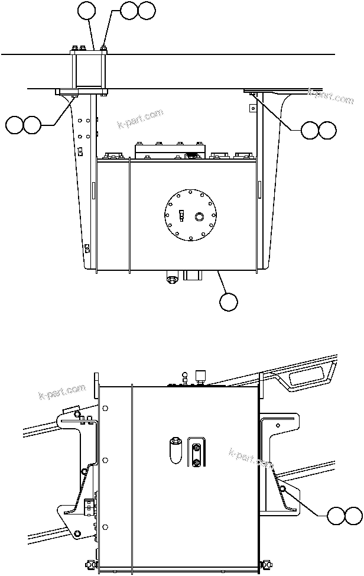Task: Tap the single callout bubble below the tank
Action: (x=229, y=302)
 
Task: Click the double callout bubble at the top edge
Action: (x=138, y=9)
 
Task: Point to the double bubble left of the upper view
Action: (x=23, y=125)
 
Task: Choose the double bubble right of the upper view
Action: (x=318, y=130)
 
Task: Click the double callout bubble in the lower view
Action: (x=345, y=515)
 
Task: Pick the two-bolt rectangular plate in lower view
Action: (x=196, y=453)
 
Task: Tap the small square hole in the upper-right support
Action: (x=251, y=108)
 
